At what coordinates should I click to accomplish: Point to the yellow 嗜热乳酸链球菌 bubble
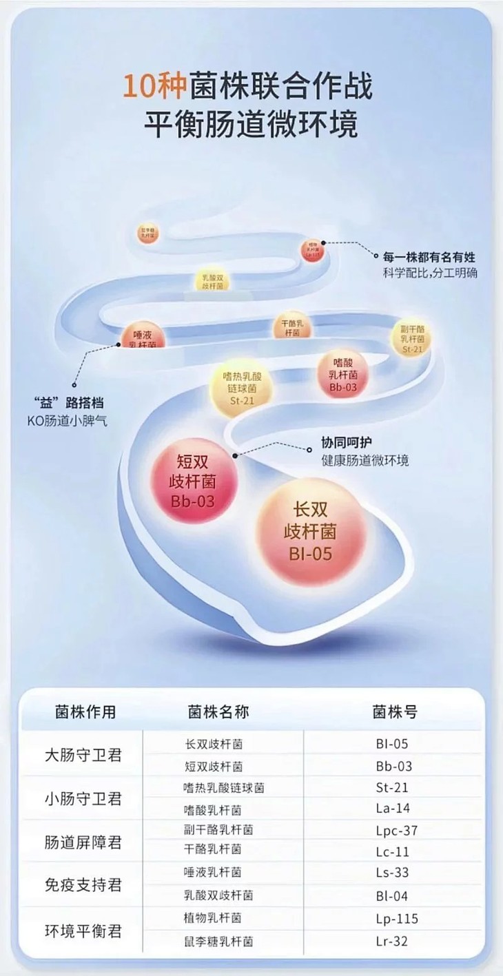point(243,389)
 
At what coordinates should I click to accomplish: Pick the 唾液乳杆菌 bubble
point(144,335)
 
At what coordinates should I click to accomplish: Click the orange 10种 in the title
point(144,87)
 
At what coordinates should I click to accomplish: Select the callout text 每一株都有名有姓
point(430,258)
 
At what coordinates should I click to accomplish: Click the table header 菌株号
point(394,712)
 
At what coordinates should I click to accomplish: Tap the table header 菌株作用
point(85,712)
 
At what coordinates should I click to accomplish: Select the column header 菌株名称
point(218,712)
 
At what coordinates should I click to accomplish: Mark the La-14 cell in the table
point(394,809)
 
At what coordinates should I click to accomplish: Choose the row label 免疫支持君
point(83,884)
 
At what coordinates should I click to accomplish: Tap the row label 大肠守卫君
point(83,755)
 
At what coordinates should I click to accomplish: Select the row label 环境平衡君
point(83,931)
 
